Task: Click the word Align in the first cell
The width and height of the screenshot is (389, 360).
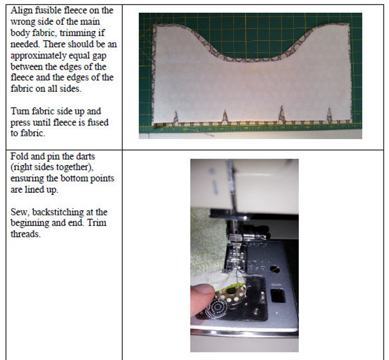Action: pos(22,11)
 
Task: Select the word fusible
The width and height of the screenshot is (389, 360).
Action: pos(49,10)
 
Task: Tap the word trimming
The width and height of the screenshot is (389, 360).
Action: pos(79,33)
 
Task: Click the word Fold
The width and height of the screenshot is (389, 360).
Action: pos(19,156)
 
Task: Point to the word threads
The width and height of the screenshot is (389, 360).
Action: pos(25,234)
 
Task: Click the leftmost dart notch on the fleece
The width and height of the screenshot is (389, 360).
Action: pos(175,118)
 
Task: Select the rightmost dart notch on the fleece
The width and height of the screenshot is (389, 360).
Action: pos(329,115)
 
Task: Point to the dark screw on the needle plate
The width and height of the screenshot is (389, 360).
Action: pos(275,269)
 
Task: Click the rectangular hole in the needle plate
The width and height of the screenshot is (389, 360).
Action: pos(278,296)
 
